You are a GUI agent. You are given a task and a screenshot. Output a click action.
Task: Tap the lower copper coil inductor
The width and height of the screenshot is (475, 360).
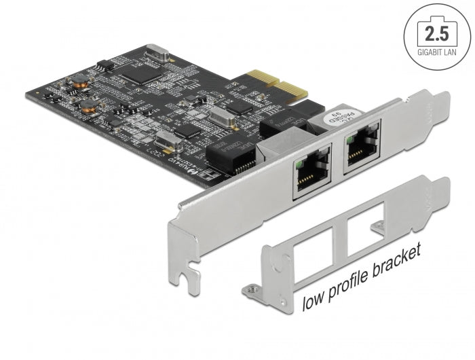(x=89, y=105)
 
